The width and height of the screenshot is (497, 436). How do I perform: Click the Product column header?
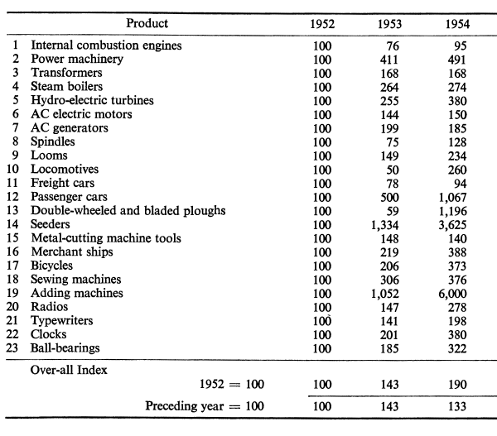point(147,23)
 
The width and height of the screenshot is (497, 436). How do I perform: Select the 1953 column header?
point(389,24)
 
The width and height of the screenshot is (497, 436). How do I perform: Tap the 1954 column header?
point(457,24)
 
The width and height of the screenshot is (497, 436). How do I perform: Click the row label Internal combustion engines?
point(106,46)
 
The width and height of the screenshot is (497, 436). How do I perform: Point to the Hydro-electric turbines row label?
point(92,100)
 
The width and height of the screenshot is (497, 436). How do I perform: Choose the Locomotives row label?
point(65,169)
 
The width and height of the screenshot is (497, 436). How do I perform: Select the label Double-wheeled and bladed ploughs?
point(128,211)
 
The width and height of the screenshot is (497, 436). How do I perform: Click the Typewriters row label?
point(62,320)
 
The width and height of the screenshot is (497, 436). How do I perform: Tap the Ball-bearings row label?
point(65,348)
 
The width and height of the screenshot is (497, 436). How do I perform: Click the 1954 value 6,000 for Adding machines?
point(452,294)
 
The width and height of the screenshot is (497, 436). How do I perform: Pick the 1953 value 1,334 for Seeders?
point(385,225)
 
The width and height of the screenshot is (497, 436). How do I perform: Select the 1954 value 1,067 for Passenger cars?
point(452,198)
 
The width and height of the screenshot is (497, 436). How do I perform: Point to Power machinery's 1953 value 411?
point(389,60)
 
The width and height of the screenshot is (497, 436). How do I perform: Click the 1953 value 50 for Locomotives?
point(393,170)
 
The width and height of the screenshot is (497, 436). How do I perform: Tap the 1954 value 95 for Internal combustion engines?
point(461,46)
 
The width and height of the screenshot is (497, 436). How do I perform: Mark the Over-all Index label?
point(69,370)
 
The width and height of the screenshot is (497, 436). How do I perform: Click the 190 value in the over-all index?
point(457,385)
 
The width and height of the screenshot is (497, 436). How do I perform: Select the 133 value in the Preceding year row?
point(457,406)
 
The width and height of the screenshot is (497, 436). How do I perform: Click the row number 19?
point(12,293)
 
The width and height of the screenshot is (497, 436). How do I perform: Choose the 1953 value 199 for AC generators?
point(389,128)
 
